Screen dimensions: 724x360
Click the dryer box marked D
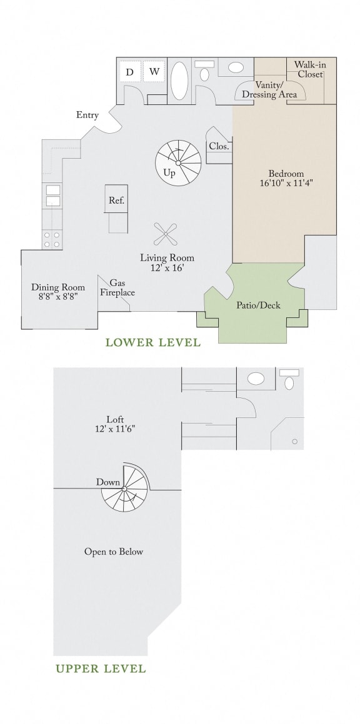tap(130, 72)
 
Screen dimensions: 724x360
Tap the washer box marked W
tap(154, 72)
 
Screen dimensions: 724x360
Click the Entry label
tap(87, 115)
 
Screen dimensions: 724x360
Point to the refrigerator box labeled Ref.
tap(117, 201)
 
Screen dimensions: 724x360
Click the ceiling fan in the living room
tap(166, 235)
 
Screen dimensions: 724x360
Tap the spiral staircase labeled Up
tap(178, 162)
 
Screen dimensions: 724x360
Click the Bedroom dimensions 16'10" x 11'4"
tap(286, 184)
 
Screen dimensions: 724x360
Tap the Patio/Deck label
tap(258, 305)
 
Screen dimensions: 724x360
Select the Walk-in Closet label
tap(310, 69)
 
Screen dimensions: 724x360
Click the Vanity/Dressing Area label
tap(270, 90)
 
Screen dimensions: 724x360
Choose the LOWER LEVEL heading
tap(152, 342)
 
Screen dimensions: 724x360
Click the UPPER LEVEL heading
tap(100, 669)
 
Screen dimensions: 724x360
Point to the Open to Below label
tap(114, 552)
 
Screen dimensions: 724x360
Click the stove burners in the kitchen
tap(52, 239)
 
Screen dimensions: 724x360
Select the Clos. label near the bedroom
tap(219, 147)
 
